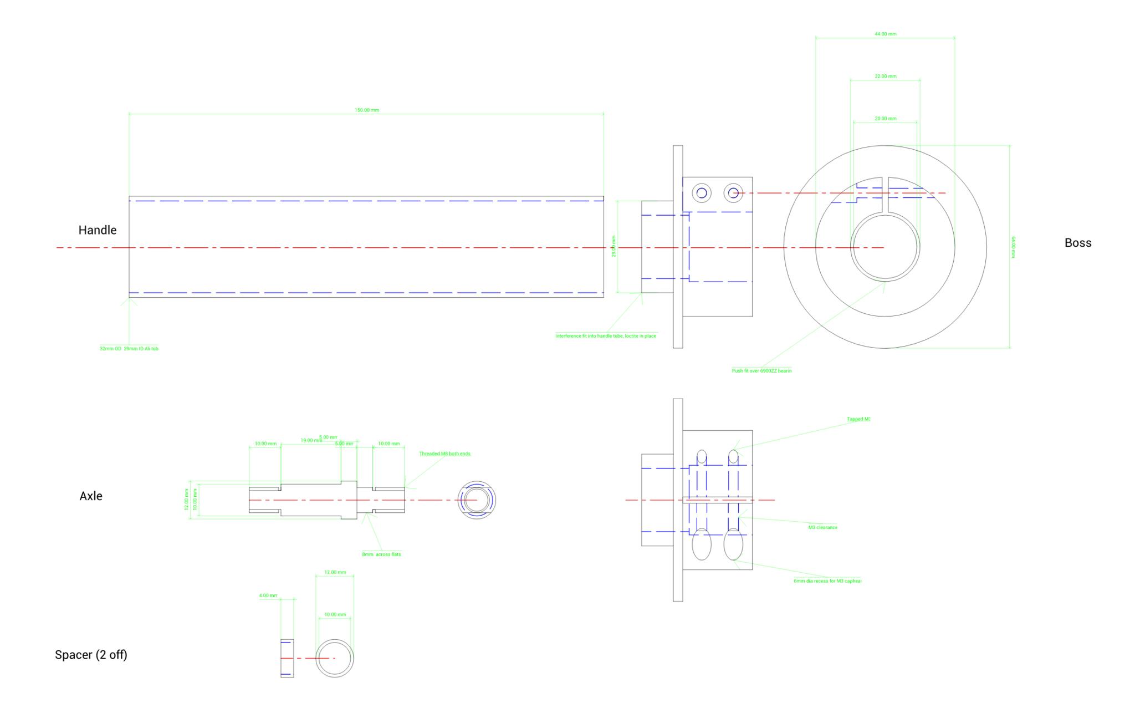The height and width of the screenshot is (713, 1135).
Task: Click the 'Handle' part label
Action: [98, 230]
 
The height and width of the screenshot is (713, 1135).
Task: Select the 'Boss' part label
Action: [1077, 243]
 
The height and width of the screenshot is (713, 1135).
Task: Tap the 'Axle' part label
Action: [91, 496]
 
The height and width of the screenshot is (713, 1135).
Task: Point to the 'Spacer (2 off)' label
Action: [91, 655]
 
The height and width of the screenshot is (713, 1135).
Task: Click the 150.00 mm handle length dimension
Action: [367, 110]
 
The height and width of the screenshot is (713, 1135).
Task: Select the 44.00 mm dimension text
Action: [885, 34]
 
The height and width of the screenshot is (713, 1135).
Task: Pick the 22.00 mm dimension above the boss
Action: [885, 77]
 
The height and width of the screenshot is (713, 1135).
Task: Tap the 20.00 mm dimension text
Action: [885, 119]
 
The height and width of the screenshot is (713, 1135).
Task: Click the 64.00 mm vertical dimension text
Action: [1013, 247]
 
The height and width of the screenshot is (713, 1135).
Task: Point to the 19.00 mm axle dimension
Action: [311, 440]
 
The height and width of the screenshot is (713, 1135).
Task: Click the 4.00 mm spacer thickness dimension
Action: [268, 596]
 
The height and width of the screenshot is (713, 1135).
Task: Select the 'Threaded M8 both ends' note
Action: [444, 454]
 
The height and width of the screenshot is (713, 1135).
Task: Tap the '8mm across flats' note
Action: [381, 554]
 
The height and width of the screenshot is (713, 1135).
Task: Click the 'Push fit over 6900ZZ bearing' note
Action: [761, 371]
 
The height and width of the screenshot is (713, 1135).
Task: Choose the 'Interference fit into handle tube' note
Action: [606, 336]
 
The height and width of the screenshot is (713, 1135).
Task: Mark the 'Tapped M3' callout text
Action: [858, 419]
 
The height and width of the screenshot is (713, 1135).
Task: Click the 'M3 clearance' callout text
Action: [822, 527]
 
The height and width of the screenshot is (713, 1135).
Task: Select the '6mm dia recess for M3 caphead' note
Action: [827, 581]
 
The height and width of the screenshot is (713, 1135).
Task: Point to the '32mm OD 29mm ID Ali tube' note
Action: [129, 349]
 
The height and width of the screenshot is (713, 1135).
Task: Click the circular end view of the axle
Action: [477, 500]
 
